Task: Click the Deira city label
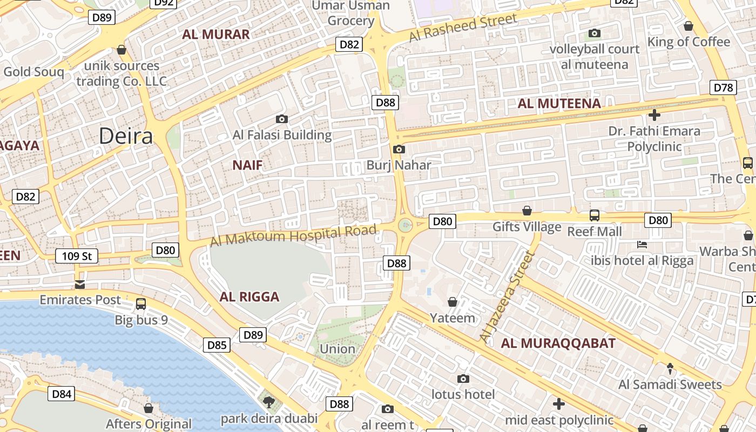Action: (x=126, y=136)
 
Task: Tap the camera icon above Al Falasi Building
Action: (x=281, y=119)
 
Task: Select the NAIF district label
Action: (x=247, y=165)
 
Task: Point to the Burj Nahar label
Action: (x=399, y=165)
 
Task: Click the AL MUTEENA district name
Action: (x=559, y=104)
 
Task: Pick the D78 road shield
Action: (x=723, y=87)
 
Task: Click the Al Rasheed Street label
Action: (x=463, y=28)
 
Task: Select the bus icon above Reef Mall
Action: (x=594, y=215)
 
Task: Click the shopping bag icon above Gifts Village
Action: (x=527, y=211)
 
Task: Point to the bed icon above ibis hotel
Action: (x=642, y=245)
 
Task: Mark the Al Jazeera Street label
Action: (x=506, y=296)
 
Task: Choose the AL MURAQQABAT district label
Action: (x=558, y=343)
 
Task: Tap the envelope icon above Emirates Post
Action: (x=80, y=284)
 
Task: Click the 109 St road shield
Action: (x=77, y=256)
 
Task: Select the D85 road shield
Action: (x=217, y=345)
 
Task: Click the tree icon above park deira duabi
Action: (x=268, y=401)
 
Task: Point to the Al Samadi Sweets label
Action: (x=670, y=384)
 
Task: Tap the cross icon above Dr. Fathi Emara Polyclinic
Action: (x=654, y=114)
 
